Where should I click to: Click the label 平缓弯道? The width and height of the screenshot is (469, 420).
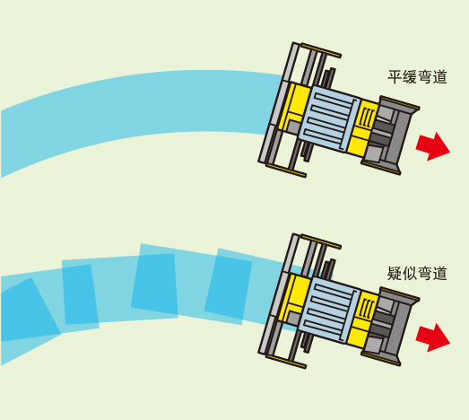417,77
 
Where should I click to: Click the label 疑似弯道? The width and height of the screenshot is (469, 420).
417,273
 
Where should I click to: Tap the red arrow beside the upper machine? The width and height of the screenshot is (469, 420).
432,146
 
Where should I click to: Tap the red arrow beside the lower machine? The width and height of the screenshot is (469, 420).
432,337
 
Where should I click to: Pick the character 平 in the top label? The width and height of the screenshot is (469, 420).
395,77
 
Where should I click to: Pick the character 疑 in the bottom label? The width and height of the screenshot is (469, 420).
395,273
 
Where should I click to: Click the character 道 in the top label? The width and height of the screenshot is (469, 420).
439,77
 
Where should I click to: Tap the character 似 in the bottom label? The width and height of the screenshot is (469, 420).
410,273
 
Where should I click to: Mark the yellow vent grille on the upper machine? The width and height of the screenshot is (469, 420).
366,118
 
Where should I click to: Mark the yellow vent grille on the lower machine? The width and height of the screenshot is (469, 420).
366,309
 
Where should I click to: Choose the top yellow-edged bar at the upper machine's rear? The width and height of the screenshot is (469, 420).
321,50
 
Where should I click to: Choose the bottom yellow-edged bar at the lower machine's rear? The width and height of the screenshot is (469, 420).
286,362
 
